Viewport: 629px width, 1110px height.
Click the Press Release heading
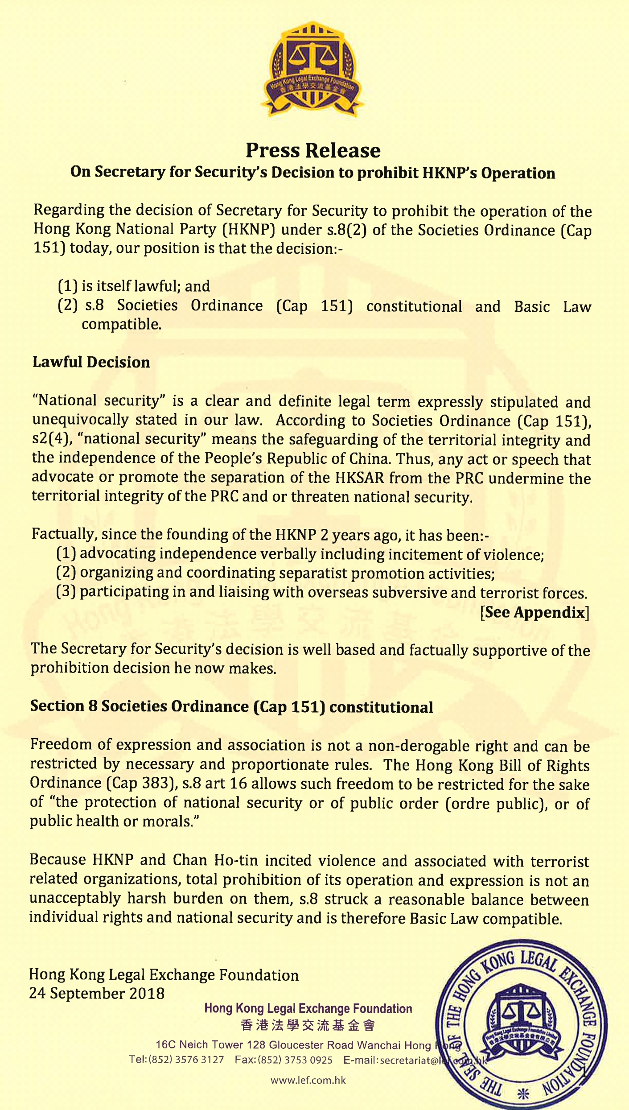(313, 151)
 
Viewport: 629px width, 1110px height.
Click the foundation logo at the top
(313, 69)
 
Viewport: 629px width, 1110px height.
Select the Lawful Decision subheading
(91, 362)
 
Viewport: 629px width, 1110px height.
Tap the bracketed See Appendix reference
(534, 612)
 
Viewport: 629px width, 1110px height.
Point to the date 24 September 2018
(97, 994)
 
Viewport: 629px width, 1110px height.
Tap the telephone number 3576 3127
(199, 1060)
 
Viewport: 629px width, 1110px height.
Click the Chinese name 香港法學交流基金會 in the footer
(308, 1025)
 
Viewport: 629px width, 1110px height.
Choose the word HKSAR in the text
(360, 478)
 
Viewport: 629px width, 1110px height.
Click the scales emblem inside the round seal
(521, 1016)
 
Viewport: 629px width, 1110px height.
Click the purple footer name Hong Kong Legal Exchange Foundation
(308, 1009)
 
